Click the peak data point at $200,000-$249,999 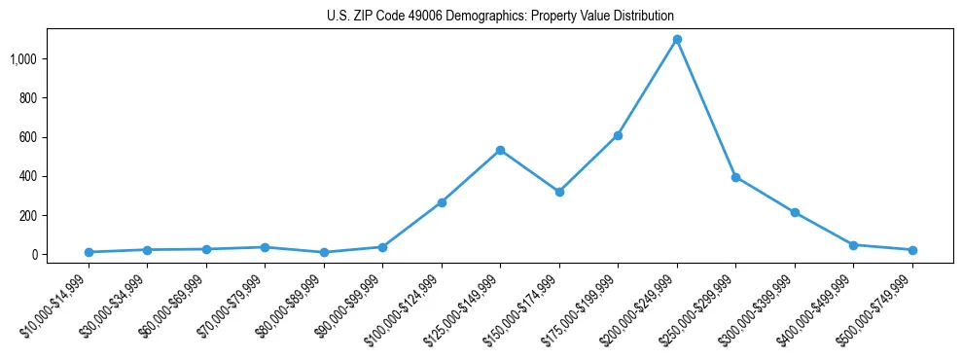point(677,39)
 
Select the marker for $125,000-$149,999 point(500,150)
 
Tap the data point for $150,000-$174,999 point(559,192)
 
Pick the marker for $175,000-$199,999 point(618,135)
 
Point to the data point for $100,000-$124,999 point(442,202)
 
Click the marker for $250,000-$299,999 point(735,177)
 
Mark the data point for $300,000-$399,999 point(795,212)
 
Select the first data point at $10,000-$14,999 point(89,252)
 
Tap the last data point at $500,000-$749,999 point(912,250)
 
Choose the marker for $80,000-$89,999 point(324,252)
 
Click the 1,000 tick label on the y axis point(23,59)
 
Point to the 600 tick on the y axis point(28,137)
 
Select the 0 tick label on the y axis point(33,255)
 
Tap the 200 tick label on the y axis point(28,216)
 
